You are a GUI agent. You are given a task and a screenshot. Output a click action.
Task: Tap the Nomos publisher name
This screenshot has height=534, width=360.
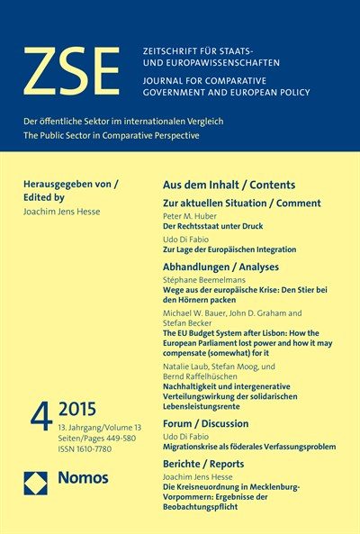(85, 479)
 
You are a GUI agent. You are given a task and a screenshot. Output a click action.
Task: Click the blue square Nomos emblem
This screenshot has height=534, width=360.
(37, 484)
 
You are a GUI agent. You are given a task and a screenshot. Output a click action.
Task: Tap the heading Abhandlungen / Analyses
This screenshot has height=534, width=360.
(220, 267)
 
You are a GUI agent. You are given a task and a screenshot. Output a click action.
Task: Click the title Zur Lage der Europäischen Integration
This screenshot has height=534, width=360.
(229, 249)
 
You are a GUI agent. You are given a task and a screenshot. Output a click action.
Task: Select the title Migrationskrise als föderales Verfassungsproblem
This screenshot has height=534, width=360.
(249, 446)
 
